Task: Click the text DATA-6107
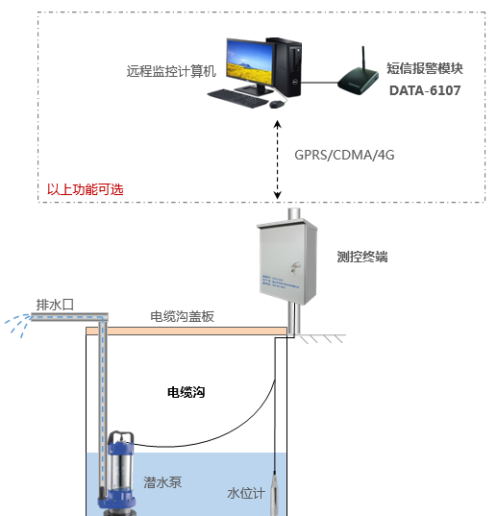point(425,91)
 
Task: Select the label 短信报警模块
point(425,68)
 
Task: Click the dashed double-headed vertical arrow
point(278,159)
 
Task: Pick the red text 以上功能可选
point(86,189)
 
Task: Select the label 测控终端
point(362,258)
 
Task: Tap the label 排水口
point(55,305)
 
